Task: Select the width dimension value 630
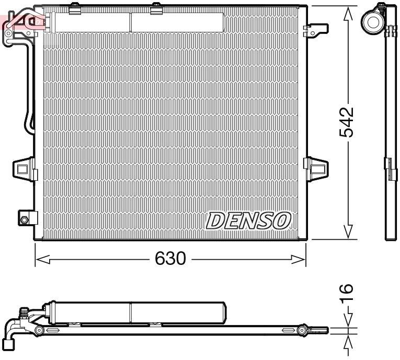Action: click(170, 259)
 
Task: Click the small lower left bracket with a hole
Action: click(26, 217)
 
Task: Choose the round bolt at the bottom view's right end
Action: click(302, 330)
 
